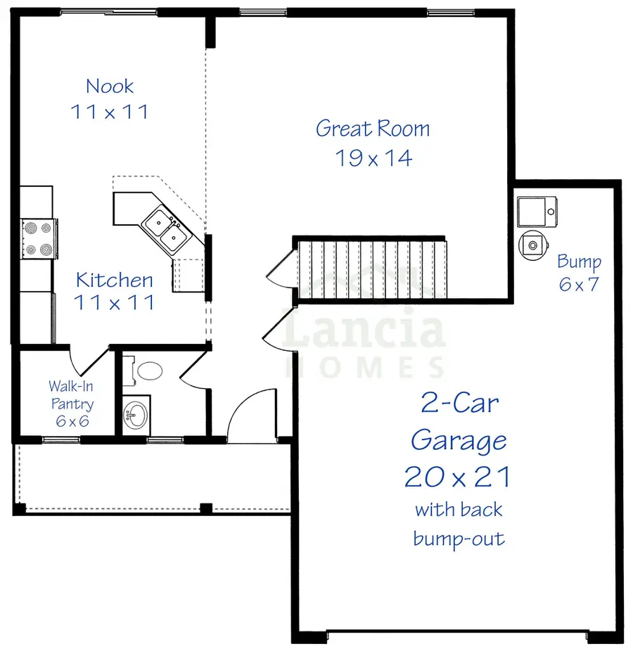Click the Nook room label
click(110, 86)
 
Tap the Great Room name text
click(372, 129)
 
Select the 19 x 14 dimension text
click(373, 158)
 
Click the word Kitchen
click(114, 280)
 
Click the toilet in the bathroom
click(147, 371)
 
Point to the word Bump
click(579, 262)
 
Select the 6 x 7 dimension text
click(579, 285)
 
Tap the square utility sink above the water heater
click(537, 210)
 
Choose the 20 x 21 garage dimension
click(457, 478)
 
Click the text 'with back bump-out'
click(459, 524)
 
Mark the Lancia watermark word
click(364, 332)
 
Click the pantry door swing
click(88, 360)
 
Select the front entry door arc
click(246, 415)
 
